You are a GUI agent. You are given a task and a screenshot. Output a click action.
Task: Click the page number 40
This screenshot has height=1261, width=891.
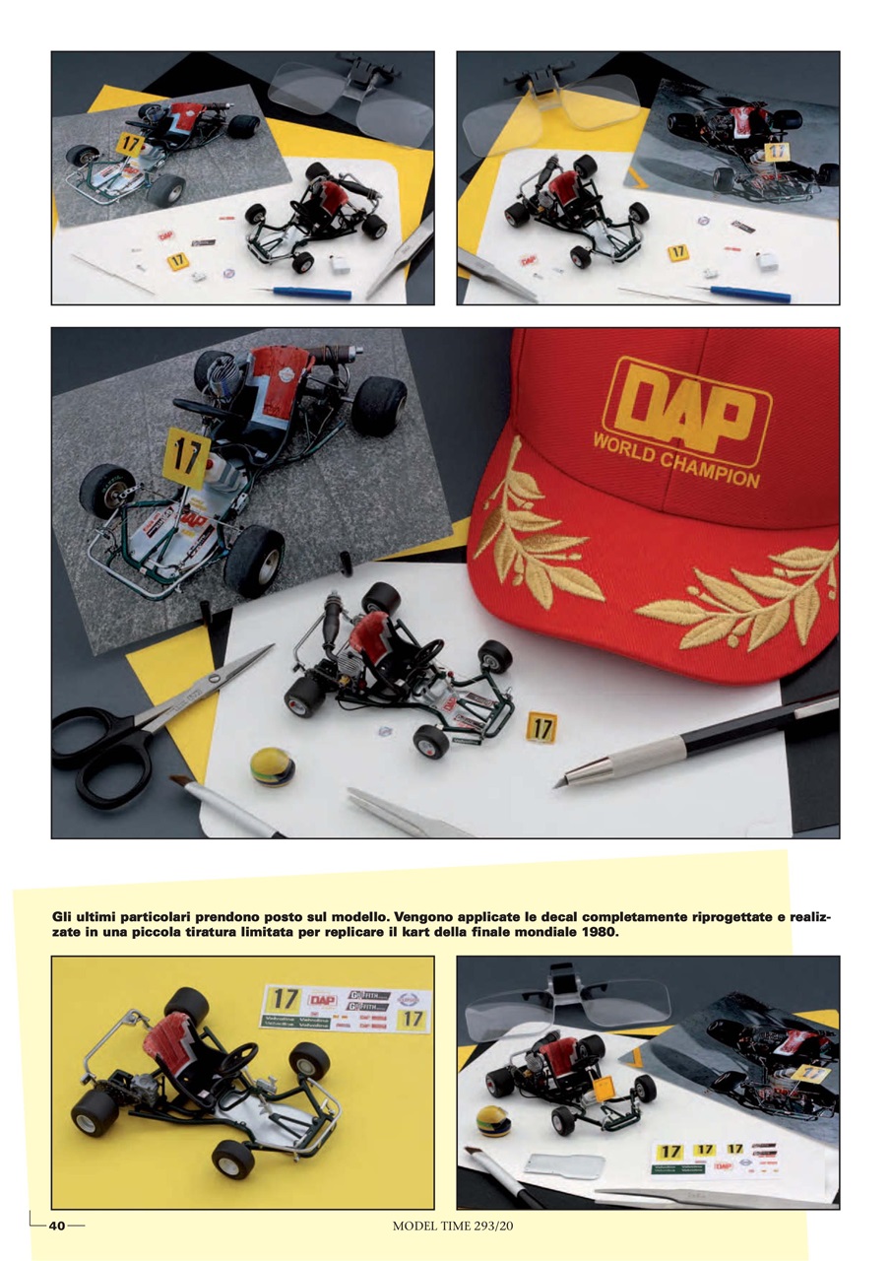point(57,1226)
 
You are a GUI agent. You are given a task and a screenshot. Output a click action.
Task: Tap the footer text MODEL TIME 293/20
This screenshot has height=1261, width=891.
point(451,1226)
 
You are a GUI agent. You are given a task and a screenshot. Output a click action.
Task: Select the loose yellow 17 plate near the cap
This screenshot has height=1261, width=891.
point(541,727)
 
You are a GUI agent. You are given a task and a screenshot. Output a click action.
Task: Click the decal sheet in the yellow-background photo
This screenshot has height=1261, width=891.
point(345,1008)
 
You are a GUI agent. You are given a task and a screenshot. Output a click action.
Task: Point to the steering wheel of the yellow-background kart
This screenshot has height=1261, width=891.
point(236,1059)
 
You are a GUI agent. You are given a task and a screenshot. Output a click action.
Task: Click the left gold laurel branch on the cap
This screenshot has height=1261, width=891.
point(537,537)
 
